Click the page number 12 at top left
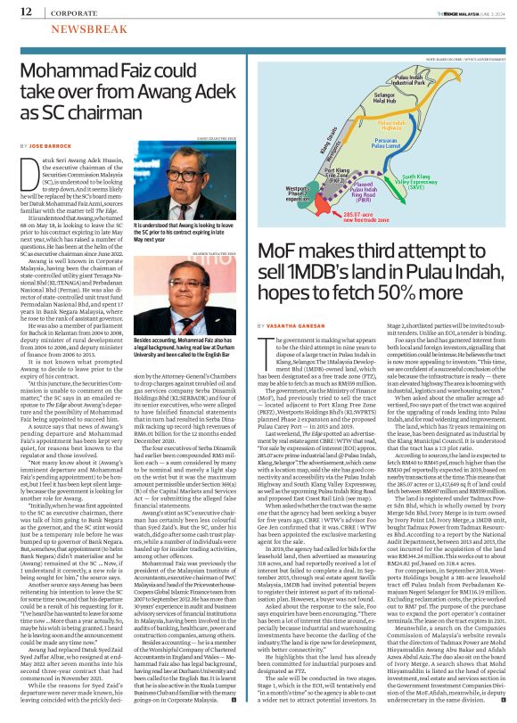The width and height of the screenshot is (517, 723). pyautogui.click(x=26, y=12)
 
